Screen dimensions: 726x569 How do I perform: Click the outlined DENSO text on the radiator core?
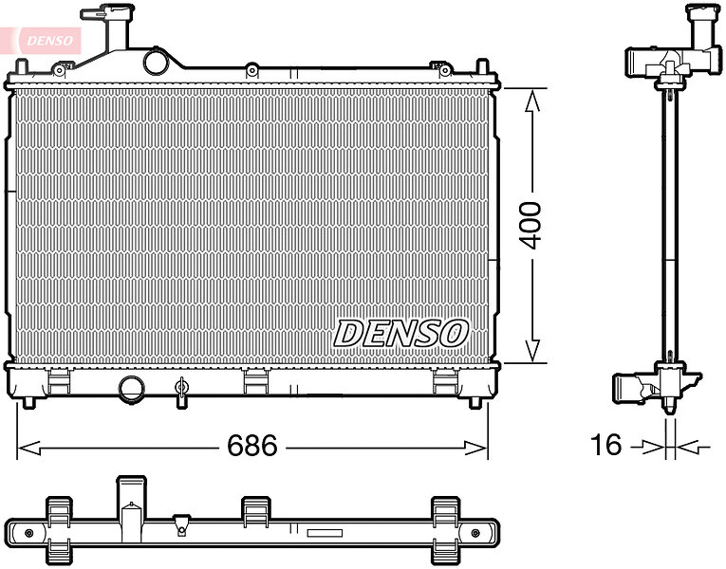pyautogui.click(x=401, y=334)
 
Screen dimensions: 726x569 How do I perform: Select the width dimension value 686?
pyautogui.click(x=252, y=445)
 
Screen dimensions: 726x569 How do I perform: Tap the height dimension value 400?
pyautogui.click(x=530, y=226)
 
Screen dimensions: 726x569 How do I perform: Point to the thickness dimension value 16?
pyautogui.click(x=606, y=445)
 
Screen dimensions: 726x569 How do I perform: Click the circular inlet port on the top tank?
pyautogui.click(x=156, y=63)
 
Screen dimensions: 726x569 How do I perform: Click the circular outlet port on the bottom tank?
pyautogui.click(x=132, y=390)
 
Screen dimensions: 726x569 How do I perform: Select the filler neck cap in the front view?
pyautogui.click(x=107, y=11)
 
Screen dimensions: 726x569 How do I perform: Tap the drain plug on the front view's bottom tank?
pyautogui.click(x=181, y=393)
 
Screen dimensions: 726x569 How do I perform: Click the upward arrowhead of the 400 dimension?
pyautogui.click(x=532, y=101)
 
